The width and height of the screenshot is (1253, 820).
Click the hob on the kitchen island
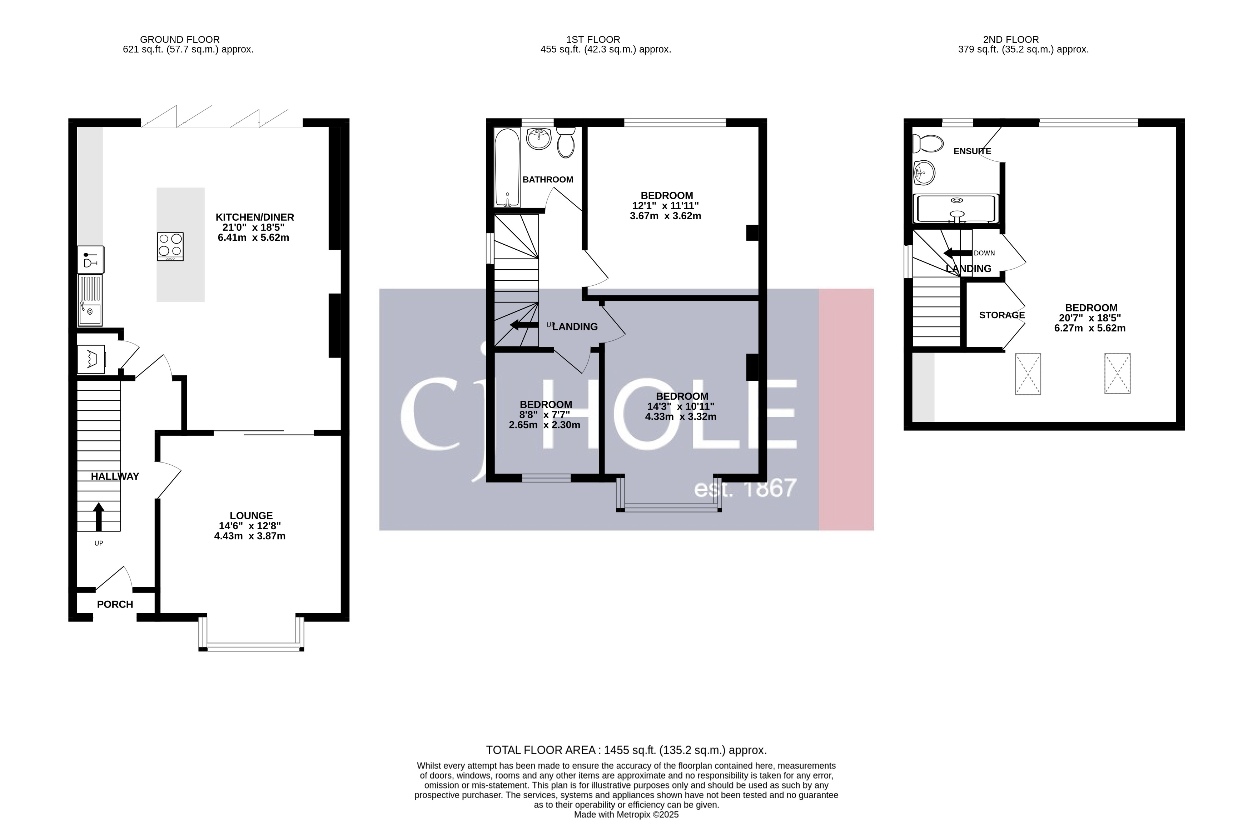[170, 246]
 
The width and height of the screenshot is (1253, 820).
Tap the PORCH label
[115, 604]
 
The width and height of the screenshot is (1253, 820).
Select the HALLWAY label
[115, 476]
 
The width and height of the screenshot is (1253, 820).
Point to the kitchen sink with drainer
[89, 300]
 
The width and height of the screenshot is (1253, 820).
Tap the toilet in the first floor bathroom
[566, 144]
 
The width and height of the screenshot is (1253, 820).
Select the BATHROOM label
[547, 180]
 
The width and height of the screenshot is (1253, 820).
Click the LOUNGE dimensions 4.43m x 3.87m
[249, 536]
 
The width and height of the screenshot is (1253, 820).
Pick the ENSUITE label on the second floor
[972, 151]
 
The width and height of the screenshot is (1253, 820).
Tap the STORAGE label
[1001, 315]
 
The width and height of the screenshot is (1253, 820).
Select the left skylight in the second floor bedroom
[1028, 374]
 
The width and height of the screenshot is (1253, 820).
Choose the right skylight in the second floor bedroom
[1117, 374]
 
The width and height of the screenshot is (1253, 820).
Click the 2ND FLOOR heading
[1010, 40]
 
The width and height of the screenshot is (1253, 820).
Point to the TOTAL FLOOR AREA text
[626, 750]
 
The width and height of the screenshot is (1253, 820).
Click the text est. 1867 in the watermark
[745, 489]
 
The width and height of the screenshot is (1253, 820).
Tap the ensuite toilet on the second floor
[928, 143]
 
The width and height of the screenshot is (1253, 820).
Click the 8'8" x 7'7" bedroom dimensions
[545, 415]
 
